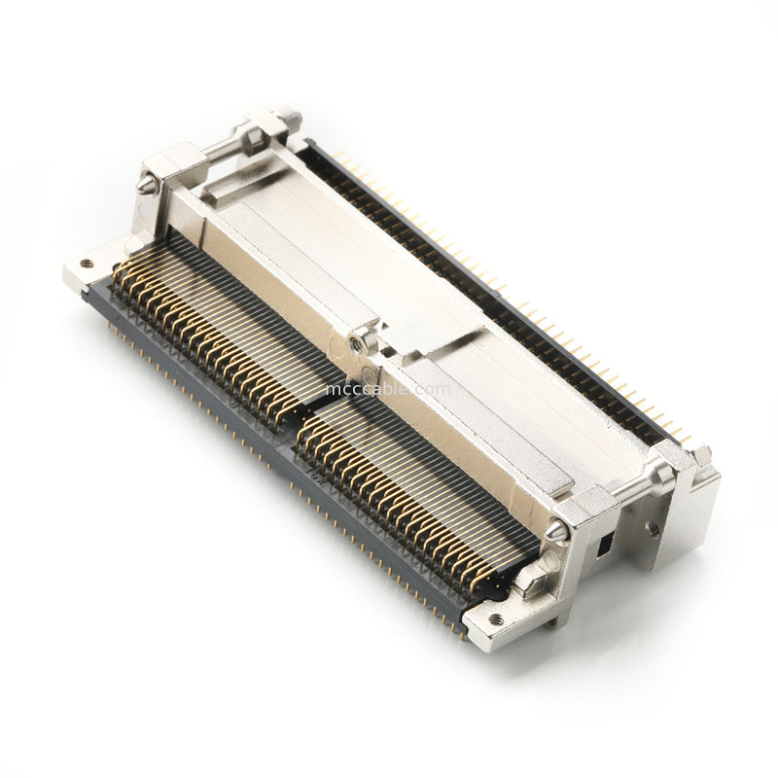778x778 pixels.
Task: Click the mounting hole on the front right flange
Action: point(495,619)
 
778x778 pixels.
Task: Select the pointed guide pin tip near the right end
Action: point(555,532)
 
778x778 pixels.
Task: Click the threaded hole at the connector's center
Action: point(358,342)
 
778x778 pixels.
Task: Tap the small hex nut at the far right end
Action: point(698,453)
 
